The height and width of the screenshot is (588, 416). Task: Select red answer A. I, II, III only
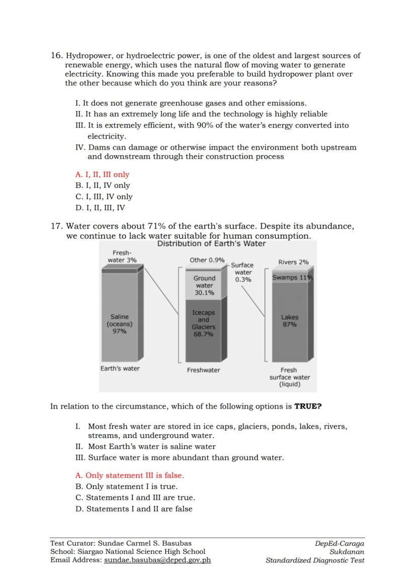(x=102, y=175)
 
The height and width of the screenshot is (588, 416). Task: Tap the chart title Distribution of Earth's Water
(x=212, y=244)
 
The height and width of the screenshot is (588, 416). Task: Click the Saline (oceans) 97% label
(x=120, y=324)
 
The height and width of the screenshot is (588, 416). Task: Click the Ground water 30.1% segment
(x=204, y=285)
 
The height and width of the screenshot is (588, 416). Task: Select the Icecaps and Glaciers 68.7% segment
(x=203, y=323)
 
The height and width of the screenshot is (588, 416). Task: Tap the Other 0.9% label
(x=207, y=260)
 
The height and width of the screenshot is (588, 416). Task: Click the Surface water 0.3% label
(x=243, y=272)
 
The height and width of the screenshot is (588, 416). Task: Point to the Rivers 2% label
(x=293, y=262)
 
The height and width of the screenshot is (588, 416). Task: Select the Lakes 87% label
(x=290, y=321)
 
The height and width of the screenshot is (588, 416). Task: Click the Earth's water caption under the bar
(x=120, y=369)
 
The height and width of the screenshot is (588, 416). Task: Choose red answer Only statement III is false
(x=130, y=476)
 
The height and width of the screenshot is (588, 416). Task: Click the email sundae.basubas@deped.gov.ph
(x=157, y=560)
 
